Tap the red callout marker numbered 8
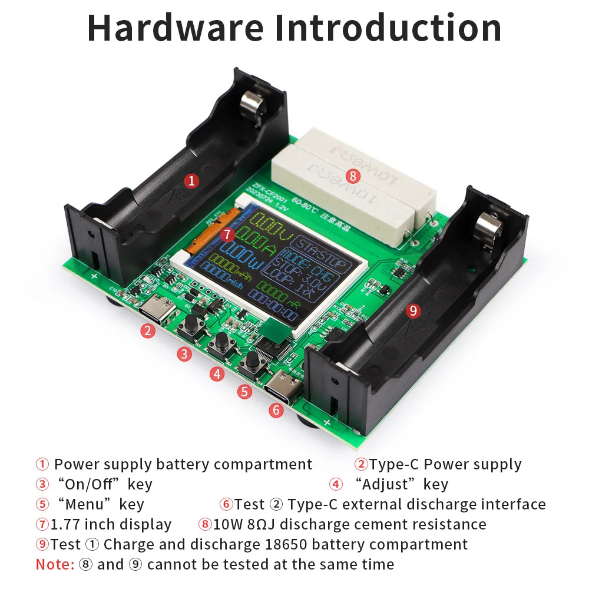353,175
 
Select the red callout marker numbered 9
413,310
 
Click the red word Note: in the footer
55,564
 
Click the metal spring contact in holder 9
488,224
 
